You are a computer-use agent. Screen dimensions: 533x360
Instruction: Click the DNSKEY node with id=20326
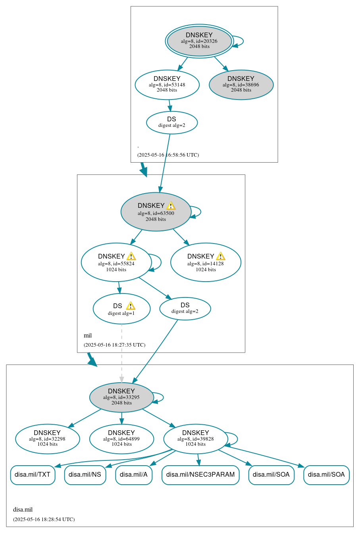(x=199, y=41)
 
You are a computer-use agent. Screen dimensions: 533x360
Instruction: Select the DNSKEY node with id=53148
(x=167, y=84)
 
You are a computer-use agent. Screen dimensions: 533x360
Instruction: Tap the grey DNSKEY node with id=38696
(x=241, y=84)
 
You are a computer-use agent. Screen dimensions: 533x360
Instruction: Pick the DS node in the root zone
(x=171, y=122)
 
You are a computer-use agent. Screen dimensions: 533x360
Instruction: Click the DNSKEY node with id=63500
(x=156, y=212)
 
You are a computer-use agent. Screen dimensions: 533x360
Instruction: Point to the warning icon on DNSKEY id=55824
(x=131, y=256)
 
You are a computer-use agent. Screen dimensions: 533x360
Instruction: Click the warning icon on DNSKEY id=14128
(x=220, y=256)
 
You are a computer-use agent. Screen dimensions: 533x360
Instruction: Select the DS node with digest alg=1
(x=121, y=309)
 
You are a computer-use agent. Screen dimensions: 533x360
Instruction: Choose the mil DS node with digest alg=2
(x=185, y=308)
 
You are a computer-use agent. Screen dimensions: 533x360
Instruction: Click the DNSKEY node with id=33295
(x=121, y=397)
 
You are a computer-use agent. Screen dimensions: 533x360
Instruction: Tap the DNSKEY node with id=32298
(x=47, y=439)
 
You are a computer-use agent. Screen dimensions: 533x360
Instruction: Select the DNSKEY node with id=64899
(x=121, y=439)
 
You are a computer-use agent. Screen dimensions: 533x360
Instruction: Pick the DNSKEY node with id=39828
(x=195, y=439)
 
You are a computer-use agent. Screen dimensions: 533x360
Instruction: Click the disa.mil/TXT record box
(x=33, y=475)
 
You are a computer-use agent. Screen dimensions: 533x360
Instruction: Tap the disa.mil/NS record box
(x=85, y=475)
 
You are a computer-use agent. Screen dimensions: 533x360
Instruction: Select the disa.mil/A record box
(x=134, y=475)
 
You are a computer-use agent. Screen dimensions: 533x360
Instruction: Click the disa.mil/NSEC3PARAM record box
(x=200, y=475)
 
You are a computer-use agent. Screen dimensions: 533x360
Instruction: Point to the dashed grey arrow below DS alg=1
(x=121, y=353)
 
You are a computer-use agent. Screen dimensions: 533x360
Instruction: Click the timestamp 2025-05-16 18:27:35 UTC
(x=114, y=345)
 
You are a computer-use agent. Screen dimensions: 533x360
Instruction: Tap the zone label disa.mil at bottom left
(x=23, y=510)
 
